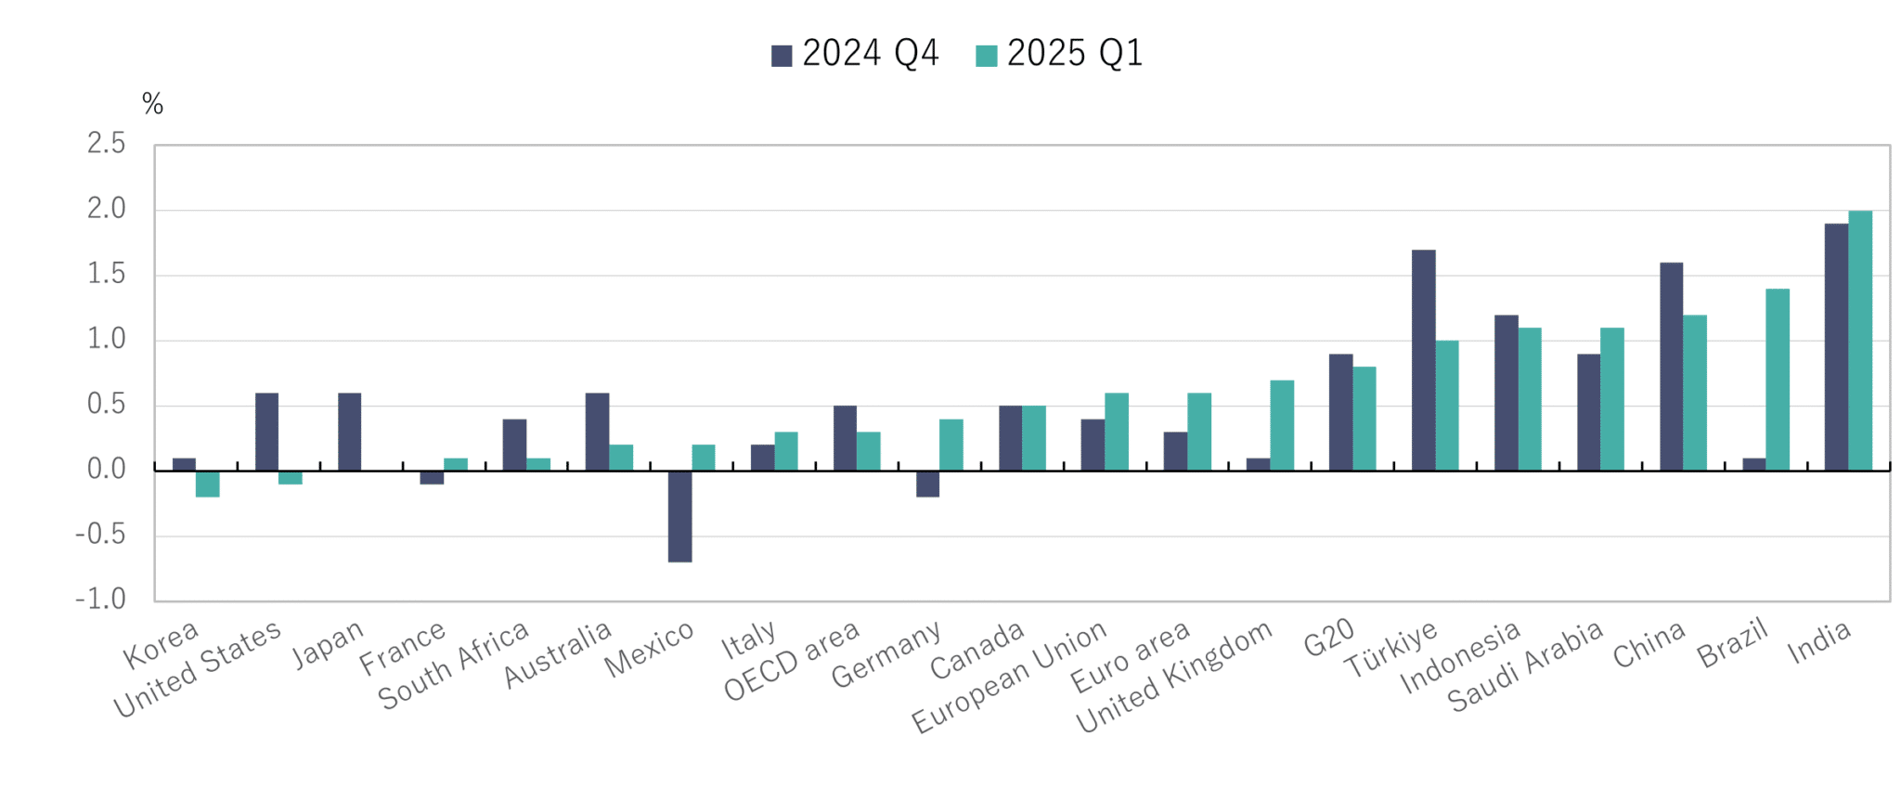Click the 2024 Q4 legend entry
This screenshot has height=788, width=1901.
tap(855, 54)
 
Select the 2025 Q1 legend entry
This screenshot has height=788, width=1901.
tap(1059, 54)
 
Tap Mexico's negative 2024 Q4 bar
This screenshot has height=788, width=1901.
tap(679, 516)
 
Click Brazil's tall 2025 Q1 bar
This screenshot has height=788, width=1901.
tap(1777, 380)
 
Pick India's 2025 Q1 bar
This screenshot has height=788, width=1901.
tap(1859, 341)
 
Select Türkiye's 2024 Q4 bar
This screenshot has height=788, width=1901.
tap(1423, 360)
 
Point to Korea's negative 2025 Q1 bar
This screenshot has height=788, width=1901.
tap(208, 484)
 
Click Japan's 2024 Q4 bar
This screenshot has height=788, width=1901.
tap(349, 432)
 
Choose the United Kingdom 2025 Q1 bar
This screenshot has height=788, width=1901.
tap(1281, 425)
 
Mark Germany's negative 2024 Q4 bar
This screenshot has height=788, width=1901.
tap(927, 484)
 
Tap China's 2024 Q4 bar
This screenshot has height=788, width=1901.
tap(1671, 367)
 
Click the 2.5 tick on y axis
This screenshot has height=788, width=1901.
tap(106, 144)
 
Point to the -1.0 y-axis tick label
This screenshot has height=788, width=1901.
tap(100, 600)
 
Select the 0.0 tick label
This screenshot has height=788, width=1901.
tap(106, 470)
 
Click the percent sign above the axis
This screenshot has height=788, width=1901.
tap(152, 104)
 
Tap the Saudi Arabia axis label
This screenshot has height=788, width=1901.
tap(1525, 666)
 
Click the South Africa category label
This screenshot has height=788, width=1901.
tap(453, 666)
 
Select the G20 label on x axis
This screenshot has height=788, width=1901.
tap(1328, 639)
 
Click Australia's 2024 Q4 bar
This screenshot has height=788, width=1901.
tap(597, 432)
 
